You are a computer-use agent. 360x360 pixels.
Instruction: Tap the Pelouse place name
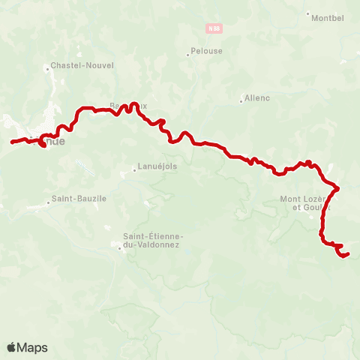[x=207, y=52]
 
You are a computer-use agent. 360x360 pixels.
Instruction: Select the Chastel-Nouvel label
[x=82, y=65]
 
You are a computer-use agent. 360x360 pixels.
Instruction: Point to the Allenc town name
[x=256, y=98]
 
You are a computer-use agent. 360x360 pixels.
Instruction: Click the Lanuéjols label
[x=157, y=166]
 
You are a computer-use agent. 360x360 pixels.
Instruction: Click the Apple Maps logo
[x=27, y=347]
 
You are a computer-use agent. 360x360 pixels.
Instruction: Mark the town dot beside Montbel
[x=308, y=13]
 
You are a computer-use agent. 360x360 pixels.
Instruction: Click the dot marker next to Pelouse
[x=188, y=54]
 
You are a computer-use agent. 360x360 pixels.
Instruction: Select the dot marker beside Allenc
[x=240, y=100]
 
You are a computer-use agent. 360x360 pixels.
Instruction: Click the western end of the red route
[x=12, y=142]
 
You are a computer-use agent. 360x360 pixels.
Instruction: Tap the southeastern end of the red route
[x=347, y=254]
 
